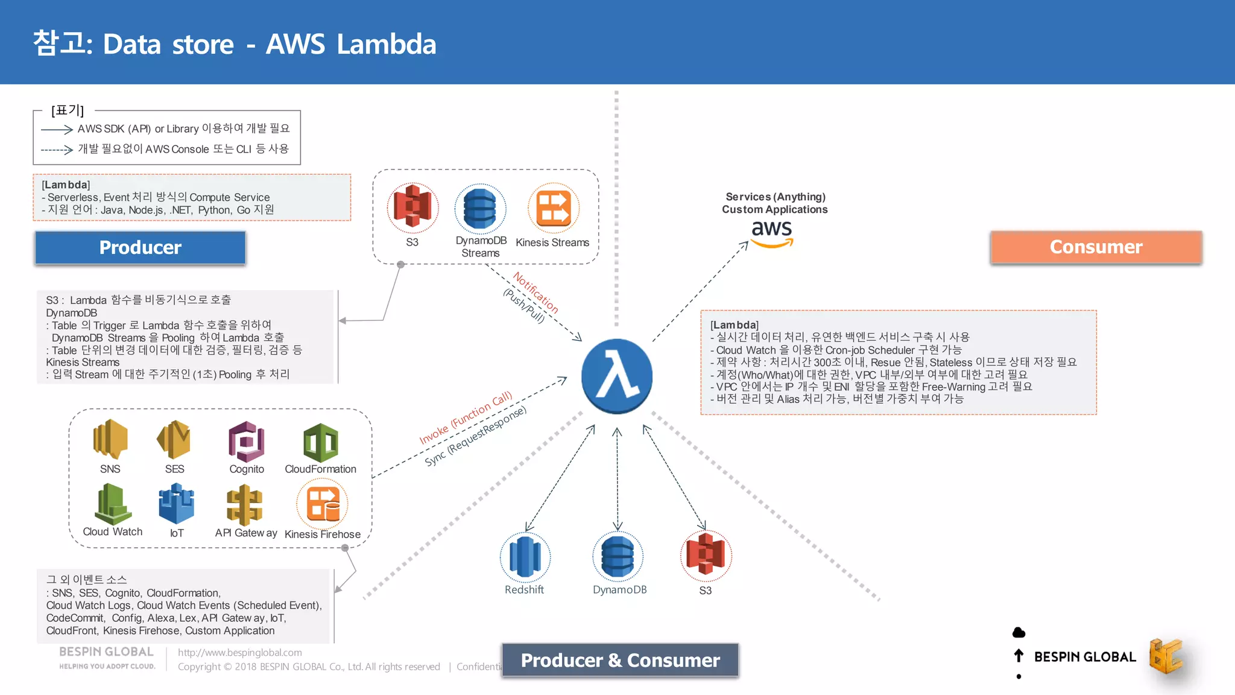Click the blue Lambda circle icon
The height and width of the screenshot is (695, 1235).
pos(616,376)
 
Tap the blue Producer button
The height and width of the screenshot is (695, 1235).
pos(140,247)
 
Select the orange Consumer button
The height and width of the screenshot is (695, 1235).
pos(1096,247)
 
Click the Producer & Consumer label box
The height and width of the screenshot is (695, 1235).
pos(620,660)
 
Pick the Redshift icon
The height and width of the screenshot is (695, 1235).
pos(525,556)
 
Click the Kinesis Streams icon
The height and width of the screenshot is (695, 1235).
pos(553,208)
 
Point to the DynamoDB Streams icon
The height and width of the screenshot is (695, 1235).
pos(480,209)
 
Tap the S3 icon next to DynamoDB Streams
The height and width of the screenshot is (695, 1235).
pos(412,208)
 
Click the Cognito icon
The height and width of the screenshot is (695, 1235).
pos(246,442)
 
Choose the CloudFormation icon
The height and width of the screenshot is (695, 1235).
pos(320,443)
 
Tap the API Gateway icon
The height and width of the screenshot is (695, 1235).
pos(244,506)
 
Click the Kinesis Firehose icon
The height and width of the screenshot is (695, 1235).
pos(323,504)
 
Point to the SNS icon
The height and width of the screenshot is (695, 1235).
pos(110,439)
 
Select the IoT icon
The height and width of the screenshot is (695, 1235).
pos(176,504)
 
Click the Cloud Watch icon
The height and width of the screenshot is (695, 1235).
pos(112,504)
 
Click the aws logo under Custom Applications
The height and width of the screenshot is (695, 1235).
pos(772,233)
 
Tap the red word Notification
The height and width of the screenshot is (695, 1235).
pos(535,292)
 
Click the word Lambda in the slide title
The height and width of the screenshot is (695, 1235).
pos(386,44)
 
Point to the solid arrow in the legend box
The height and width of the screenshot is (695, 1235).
pos(57,130)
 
